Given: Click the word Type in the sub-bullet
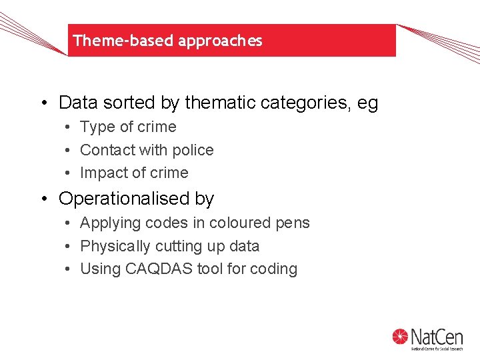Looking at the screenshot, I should (95, 127).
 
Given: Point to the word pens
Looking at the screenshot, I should (294, 223).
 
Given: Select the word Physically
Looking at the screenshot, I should (115, 247).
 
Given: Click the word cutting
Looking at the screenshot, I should (177, 247).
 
